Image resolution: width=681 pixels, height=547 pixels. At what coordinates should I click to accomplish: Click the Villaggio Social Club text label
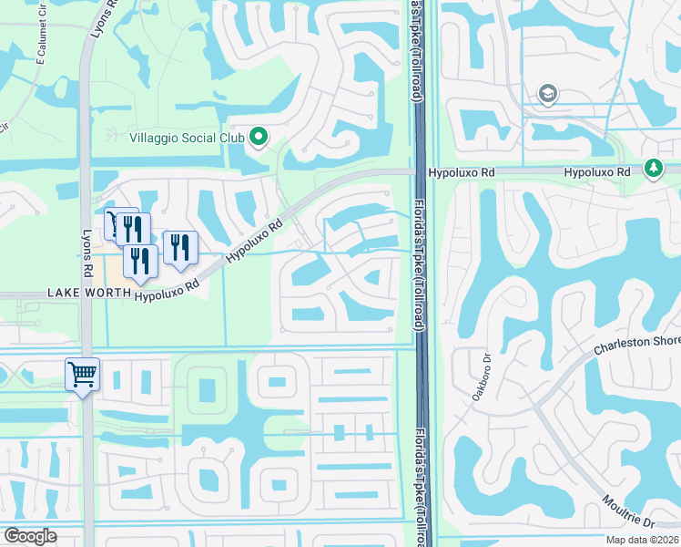click(x=188, y=138)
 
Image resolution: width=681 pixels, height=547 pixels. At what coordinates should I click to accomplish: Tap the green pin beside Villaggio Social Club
click(x=259, y=138)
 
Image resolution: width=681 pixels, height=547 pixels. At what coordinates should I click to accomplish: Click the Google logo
click(x=30, y=536)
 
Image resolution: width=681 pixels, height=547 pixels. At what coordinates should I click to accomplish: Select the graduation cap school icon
click(x=548, y=94)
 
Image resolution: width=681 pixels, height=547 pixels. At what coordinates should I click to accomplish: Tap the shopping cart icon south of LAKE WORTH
click(x=82, y=374)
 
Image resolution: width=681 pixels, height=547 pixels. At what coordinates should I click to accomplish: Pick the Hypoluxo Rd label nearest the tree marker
click(x=597, y=171)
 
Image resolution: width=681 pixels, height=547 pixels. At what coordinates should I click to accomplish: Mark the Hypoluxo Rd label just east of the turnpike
click(x=456, y=171)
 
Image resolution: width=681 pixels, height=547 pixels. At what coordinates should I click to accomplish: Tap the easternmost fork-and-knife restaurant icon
click(x=180, y=247)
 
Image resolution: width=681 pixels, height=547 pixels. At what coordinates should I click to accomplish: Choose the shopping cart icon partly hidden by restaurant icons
click(x=112, y=222)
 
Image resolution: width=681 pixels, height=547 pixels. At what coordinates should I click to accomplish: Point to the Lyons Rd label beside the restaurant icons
click(x=89, y=253)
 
